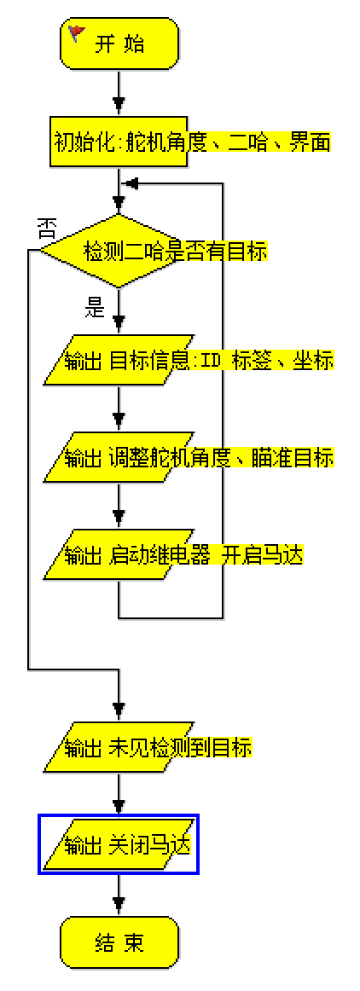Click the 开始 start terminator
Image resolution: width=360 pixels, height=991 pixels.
(119, 45)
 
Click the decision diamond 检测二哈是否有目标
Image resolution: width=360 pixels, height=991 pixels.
(119, 252)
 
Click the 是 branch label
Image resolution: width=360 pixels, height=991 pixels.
(95, 308)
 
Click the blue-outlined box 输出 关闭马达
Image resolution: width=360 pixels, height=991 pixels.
(119, 845)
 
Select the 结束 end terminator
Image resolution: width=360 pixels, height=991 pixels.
(119, 942)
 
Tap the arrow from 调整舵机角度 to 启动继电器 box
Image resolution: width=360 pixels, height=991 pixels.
(119, 507)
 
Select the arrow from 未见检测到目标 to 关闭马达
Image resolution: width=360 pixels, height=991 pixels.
(119, 797)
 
